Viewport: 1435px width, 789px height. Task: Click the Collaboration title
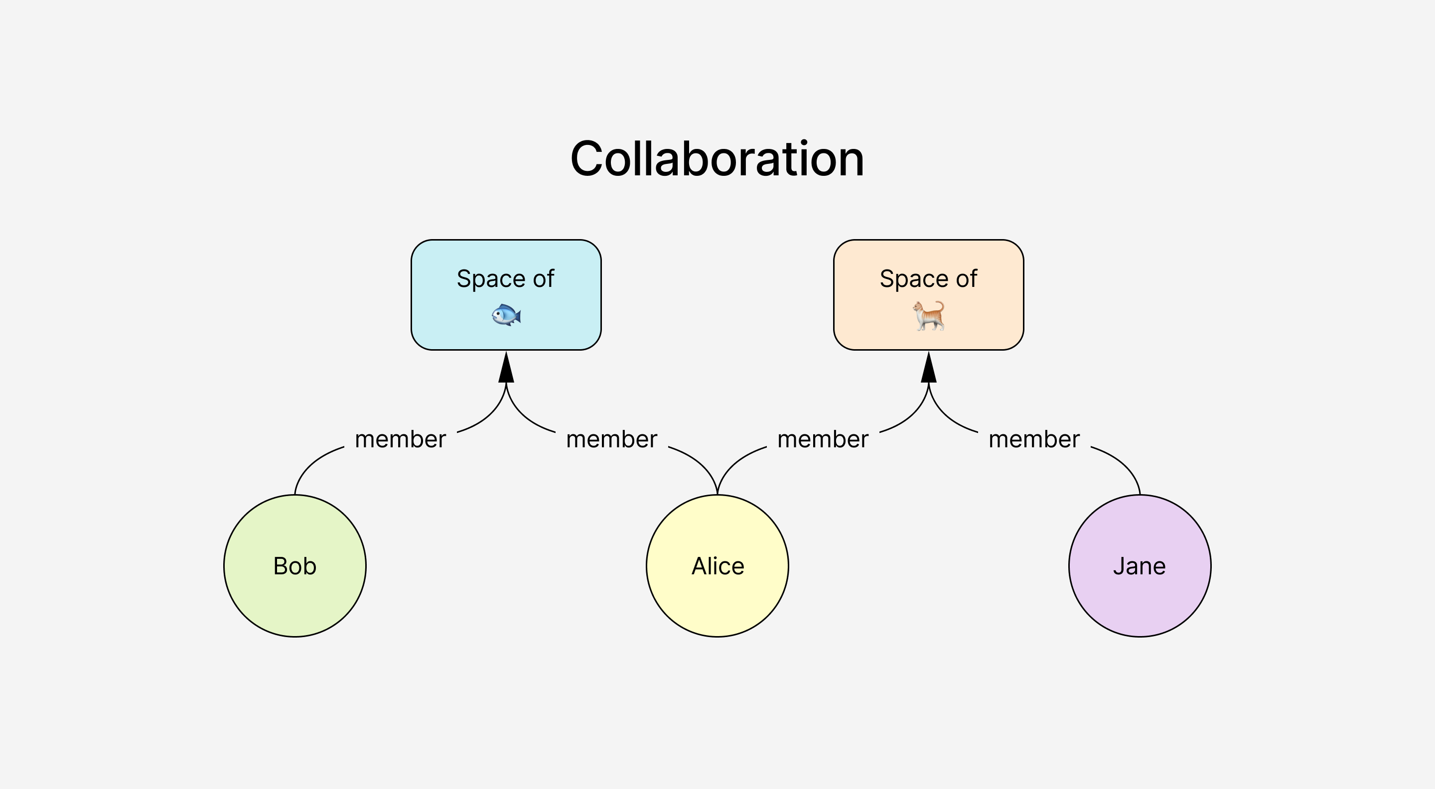(717, 159)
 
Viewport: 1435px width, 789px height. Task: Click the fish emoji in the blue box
(506, 315)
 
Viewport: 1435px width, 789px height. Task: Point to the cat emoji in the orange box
(929, 316)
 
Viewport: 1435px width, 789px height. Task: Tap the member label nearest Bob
(400, 439)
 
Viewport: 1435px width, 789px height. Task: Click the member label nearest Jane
(1034, 439)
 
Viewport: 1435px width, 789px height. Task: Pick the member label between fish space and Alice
(612, 439)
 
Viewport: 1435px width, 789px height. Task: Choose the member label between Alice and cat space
(823, 439)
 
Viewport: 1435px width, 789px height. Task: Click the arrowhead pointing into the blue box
(506, 369)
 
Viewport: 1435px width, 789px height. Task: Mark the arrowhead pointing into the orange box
(929, 369)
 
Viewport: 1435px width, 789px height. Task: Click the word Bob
(294, 566)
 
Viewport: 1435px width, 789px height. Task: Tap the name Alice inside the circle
(717, 566)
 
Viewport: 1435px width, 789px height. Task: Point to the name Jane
(1139, 566)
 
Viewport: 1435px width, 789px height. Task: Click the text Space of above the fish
(505, 278)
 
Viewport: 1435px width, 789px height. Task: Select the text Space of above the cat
(928, 278)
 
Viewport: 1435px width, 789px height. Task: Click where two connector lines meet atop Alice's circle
(717, 493)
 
